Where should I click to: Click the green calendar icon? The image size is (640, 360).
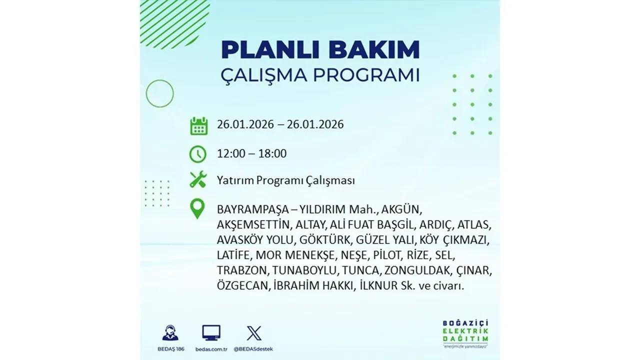(198, 125)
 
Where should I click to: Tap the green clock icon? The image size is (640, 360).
(198, 154)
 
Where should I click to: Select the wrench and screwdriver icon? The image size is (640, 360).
(198, 180)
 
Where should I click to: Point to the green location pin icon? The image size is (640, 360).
(198, 208)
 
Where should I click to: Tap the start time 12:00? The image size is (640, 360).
(231, 153)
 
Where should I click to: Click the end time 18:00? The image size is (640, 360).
(272, 153)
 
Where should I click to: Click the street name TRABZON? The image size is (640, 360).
(243, 271)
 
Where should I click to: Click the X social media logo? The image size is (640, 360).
(254, 333)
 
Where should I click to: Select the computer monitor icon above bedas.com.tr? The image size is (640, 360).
(211, 332)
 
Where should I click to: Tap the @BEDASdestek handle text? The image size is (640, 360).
(254, 348)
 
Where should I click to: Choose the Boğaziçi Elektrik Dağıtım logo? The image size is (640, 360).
(465, 332)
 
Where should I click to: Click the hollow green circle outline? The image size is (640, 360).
(159, 93)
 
